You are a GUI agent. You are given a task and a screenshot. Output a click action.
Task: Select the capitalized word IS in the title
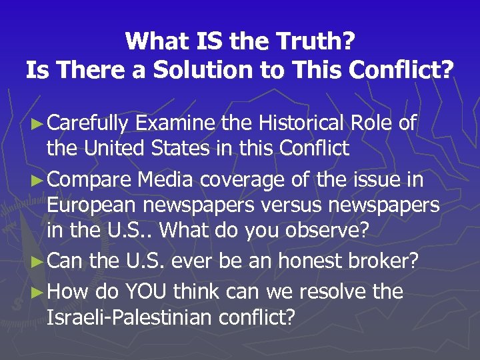[204, 42]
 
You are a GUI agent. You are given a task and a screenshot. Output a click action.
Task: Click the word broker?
[387, 261]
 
